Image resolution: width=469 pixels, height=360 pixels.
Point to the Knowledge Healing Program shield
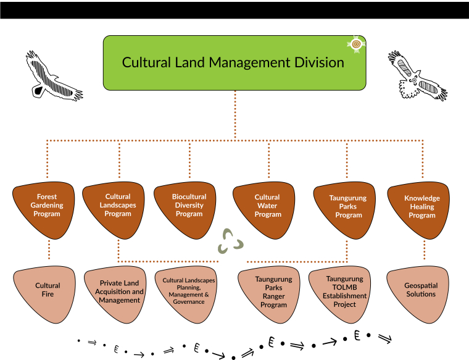click(x=422, y=207)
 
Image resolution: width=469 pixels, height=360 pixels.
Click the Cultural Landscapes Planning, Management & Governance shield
click(x=189, y=291)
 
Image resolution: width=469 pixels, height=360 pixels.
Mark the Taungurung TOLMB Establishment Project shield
click(x=346, y=291)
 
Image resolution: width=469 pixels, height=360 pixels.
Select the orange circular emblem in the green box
click(x=355, y=44)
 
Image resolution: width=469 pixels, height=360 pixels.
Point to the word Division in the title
click(x=315, y=62)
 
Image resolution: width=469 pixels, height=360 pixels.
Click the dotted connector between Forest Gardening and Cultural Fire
click(x=48, y=250)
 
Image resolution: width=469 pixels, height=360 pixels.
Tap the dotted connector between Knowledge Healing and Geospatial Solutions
click(x=424, y=250)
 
